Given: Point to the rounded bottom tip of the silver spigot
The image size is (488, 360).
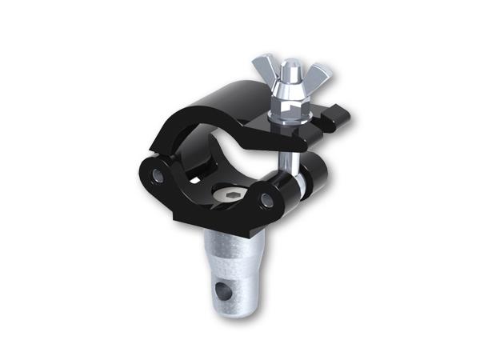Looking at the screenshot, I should (219, 305).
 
